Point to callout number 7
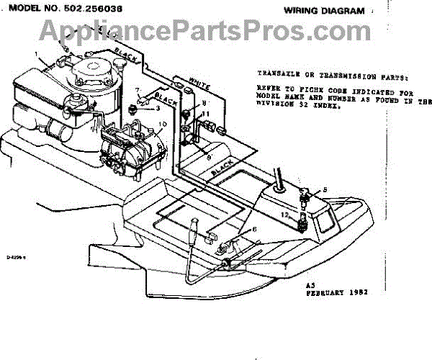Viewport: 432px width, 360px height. (137, 89)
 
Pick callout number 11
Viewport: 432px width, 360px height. (207, 114)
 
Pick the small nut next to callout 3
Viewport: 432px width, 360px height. (135, 109)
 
